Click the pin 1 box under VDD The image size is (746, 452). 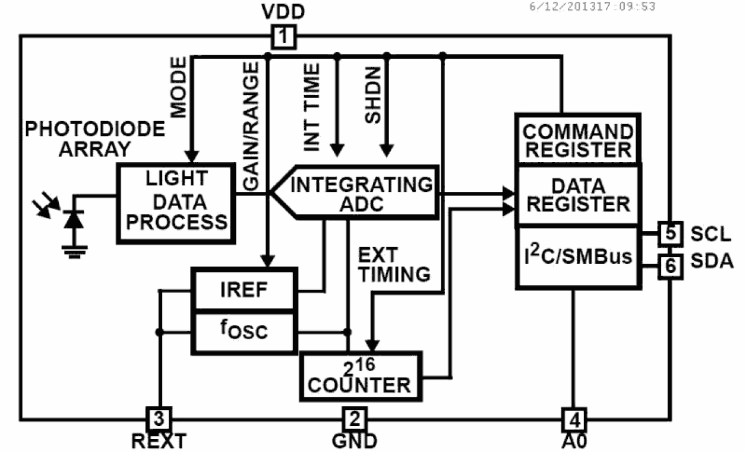[283, 37]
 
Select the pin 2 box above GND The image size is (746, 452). [354, 419]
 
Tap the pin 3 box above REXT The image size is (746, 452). [159, 419]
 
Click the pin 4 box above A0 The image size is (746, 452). [574, 420]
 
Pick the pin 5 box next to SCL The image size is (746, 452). [670, 233]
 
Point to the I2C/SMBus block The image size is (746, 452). [577, 257]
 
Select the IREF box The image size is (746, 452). [244, 290]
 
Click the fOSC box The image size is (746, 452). [244, 331]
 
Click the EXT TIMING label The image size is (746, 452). [394, 264]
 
